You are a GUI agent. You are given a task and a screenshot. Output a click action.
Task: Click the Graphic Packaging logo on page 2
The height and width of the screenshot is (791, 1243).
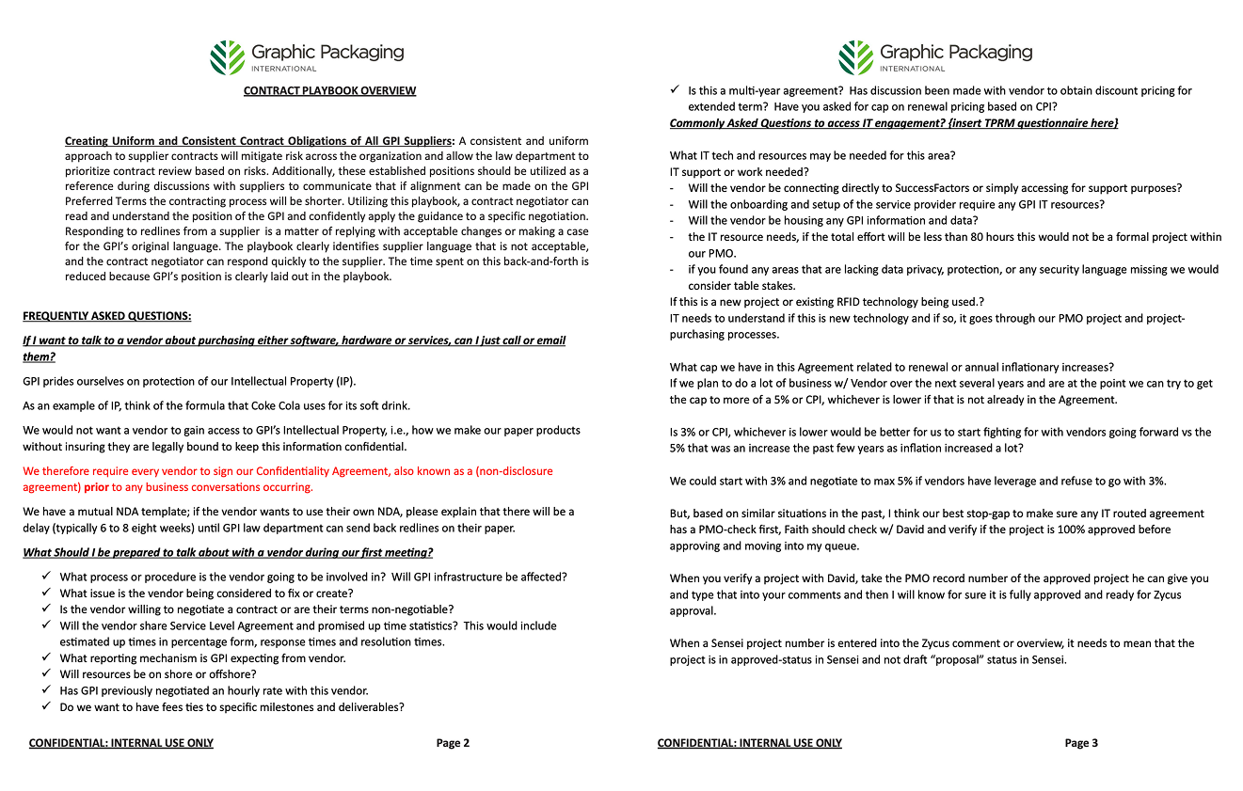(x=307, y=57)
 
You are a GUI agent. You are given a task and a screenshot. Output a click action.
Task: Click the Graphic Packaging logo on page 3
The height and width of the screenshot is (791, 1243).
(x=935, y=57)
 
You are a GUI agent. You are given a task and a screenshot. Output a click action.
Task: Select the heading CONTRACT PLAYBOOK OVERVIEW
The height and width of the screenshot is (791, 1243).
(x=329, y=91)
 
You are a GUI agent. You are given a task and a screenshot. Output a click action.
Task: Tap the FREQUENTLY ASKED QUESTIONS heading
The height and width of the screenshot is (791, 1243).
(x=106, y=316)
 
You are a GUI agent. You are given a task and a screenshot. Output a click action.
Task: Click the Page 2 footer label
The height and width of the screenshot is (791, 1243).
(x=453, y=743)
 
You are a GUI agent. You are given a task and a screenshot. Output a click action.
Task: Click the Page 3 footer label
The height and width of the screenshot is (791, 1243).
(x=1081, y=743)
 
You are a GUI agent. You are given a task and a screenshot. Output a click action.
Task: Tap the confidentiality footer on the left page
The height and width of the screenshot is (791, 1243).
(x=121, y=743)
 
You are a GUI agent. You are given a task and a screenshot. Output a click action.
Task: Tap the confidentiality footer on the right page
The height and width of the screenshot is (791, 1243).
(x=750, y=743)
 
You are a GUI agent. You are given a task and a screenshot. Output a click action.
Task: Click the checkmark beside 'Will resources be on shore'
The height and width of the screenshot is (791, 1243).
(x=47, y=674)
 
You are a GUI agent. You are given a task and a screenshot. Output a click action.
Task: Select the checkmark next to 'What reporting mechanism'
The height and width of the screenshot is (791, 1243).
(x=47, y=658)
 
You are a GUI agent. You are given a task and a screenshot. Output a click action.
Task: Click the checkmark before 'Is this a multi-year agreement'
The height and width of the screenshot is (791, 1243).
(x=676, y=90)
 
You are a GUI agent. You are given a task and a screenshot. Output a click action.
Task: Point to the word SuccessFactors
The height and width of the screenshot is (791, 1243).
(x=960, y=188)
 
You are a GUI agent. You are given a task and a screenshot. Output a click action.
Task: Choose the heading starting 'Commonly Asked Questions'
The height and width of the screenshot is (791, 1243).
(x=894, y=123)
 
